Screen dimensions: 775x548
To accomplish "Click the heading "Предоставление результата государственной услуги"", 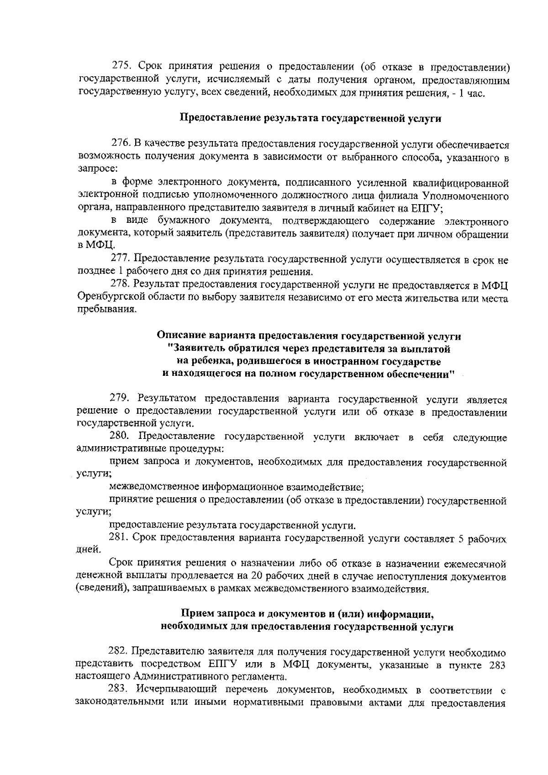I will pyautogui.click(x=311, y=118).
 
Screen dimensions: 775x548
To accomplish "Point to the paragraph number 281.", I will pyautogui.click(x=119, y=539).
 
